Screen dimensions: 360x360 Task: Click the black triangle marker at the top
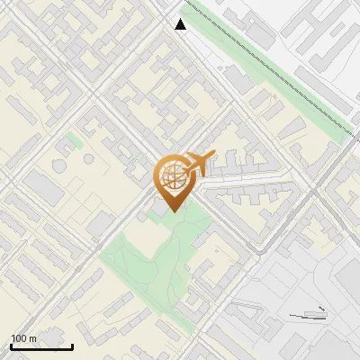181,24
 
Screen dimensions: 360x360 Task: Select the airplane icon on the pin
195,164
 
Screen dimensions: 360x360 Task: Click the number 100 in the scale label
20,338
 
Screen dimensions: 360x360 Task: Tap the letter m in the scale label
33,338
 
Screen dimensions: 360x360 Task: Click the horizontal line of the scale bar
41,346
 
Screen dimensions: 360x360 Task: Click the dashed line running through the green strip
270,63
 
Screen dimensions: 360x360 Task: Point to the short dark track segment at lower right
306,316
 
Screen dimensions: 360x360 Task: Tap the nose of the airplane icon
213,155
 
